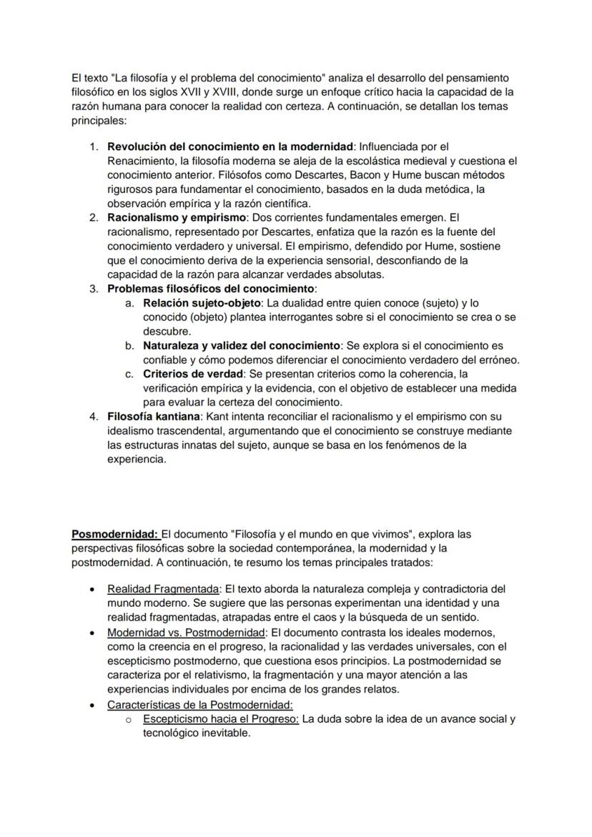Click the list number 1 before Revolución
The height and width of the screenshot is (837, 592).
click(x=93, y=147)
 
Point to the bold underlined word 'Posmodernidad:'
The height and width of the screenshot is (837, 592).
click(x=115, y=534)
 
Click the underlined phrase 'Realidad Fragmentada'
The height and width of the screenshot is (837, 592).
click(x=163, y=590)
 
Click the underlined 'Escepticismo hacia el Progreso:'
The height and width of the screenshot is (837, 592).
click(x=220, y=719)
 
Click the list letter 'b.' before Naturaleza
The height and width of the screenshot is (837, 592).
click(x=129, y=346)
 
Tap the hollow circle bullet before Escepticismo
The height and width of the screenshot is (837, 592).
click(x=127, y=720)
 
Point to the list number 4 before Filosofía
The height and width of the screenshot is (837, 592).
click(x=93, y=416)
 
